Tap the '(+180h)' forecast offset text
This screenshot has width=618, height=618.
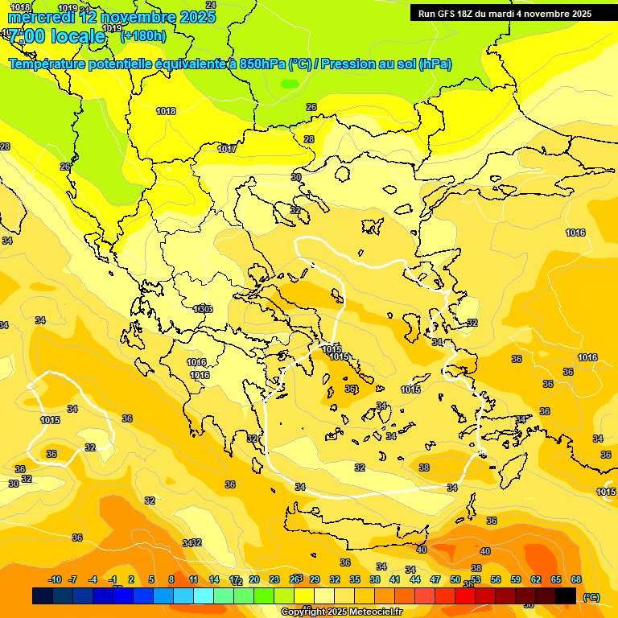click(x=143, y=35)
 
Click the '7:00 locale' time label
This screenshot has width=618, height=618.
click(x=56, y=36)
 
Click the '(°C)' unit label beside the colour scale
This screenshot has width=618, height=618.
click(x=591, y=596)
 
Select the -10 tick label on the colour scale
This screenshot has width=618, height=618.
click(x=55, y=579)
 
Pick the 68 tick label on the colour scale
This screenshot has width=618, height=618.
click(x=576, y=579)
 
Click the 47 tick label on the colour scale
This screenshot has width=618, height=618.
click(x=435, y=579)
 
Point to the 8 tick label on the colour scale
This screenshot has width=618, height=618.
click(x=171, y=579)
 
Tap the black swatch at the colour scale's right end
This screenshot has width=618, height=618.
click(x=566, y=595)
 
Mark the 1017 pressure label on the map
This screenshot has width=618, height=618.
click(x=227, y=149)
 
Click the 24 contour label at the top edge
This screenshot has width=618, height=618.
click(x=211, y=5)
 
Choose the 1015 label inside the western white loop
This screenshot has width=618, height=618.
click(x=50, y=420)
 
